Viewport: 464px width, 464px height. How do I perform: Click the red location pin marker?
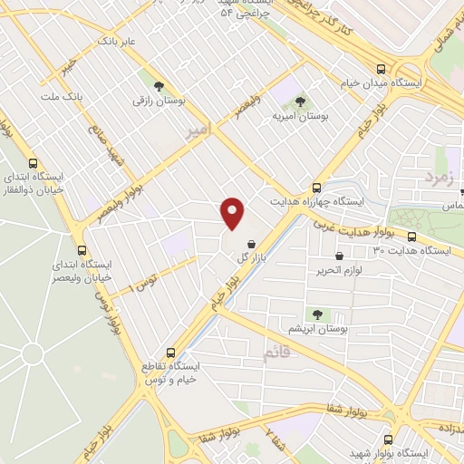tap(233, 212)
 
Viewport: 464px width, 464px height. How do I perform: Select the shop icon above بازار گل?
tap(250, 243)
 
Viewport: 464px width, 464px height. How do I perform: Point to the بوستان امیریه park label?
tap(300, 117)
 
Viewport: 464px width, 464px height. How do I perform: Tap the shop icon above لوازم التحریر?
tap(339, 256)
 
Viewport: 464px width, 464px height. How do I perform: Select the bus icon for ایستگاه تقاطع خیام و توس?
tap(169, 353)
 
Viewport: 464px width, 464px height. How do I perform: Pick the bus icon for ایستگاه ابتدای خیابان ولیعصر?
tap(82, 250)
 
